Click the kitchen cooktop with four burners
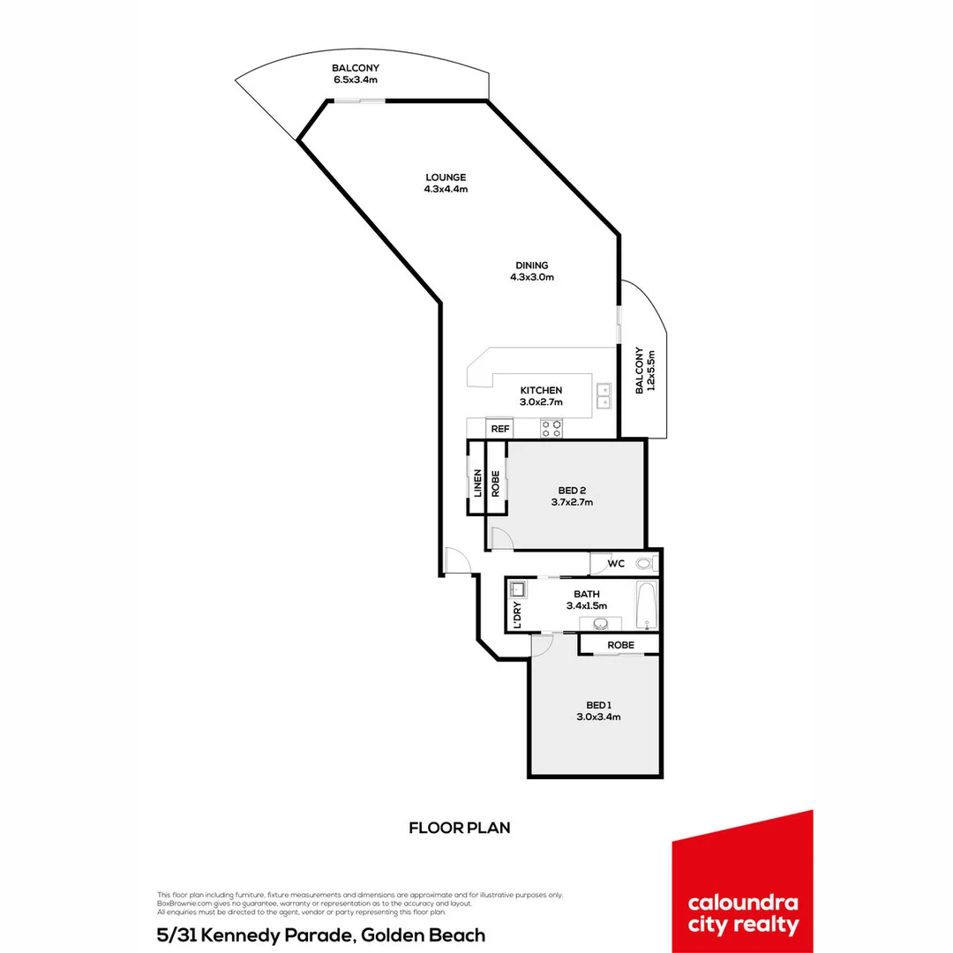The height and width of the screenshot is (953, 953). coord(552,428)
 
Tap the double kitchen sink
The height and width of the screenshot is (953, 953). coord(604,396)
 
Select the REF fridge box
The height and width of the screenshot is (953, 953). coord(500,428)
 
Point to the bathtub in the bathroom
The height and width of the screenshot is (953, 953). coord(646,604)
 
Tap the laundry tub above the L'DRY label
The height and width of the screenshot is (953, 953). coord(517,589)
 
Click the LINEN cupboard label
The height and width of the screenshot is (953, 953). coord(477,484)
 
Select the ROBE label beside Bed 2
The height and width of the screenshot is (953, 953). coord(496,484)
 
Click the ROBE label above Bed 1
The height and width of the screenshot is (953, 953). coord(620,645)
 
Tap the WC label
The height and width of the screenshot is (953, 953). coord(616,563)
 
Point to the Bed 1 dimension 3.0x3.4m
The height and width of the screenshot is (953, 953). coord(597,717)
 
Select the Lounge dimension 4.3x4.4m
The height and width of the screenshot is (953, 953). coord(445,189)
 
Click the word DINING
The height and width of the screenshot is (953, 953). coord(532,265)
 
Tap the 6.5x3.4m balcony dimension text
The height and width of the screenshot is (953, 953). coord(356,79)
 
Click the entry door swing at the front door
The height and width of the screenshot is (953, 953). coord(456,561)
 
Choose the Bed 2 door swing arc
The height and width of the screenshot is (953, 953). coord(499,537)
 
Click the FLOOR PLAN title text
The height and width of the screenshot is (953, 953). coord(460,828)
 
